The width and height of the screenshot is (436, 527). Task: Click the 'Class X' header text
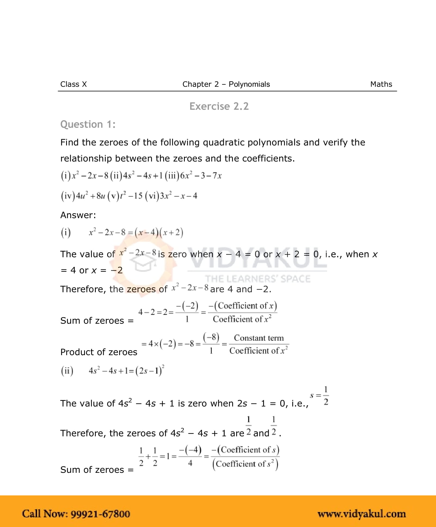click(x=73, y=84)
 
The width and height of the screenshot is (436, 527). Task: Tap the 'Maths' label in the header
click(x=381, y=84)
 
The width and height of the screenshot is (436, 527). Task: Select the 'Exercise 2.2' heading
click(x=219, y=106)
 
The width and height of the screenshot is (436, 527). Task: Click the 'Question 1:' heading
click(x=88, y=124)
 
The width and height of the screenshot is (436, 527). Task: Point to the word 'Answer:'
click(x=78, y=215)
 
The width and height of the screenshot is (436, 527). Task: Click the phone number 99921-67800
click(x=100, y=514)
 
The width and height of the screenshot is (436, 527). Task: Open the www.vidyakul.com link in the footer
click(x=362, y=514)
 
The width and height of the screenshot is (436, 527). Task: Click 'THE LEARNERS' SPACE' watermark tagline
click(x=258, y=279)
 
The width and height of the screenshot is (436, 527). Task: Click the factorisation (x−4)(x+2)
click(x=159, y=232)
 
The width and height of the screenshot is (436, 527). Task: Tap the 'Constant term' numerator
click(x=259, y=338)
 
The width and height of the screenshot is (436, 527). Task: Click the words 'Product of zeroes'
click(x=99, y=352)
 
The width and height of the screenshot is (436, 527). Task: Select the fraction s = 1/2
click(x=320, y=396)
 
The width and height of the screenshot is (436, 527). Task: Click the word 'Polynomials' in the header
click(x=249, y=84)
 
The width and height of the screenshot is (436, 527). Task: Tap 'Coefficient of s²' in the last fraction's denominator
click(x=245, y=464)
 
